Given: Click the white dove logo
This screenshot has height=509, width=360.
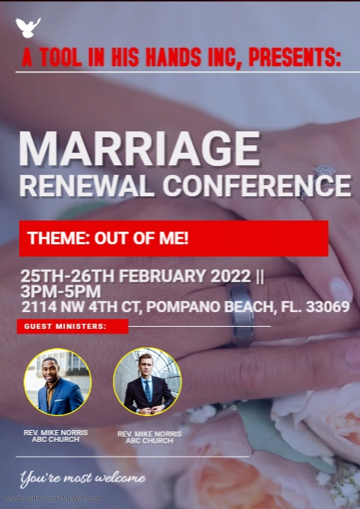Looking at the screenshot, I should (x=28, y=28).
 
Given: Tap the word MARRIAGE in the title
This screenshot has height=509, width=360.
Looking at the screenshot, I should (x=139, y=150).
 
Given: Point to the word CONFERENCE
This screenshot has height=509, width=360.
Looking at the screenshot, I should (x=256, y=186).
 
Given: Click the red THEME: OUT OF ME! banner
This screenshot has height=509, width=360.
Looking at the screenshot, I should (x=173, y=238).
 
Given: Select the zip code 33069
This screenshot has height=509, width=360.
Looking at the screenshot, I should (x=324, y=306).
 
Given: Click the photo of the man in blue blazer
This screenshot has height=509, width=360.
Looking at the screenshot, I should (x=58, y=382).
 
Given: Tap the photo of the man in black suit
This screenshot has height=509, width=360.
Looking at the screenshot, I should (x=147, y=382).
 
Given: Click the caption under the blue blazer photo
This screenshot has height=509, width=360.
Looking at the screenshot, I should (x=55, y=435).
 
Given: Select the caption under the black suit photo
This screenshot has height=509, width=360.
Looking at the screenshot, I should (x=149, y=437).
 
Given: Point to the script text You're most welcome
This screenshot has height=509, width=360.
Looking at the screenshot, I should (x=83, y=479).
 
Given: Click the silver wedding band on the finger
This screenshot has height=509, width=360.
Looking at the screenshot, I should (x=242, y=322).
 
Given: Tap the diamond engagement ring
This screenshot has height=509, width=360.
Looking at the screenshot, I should (x=322, y=175).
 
